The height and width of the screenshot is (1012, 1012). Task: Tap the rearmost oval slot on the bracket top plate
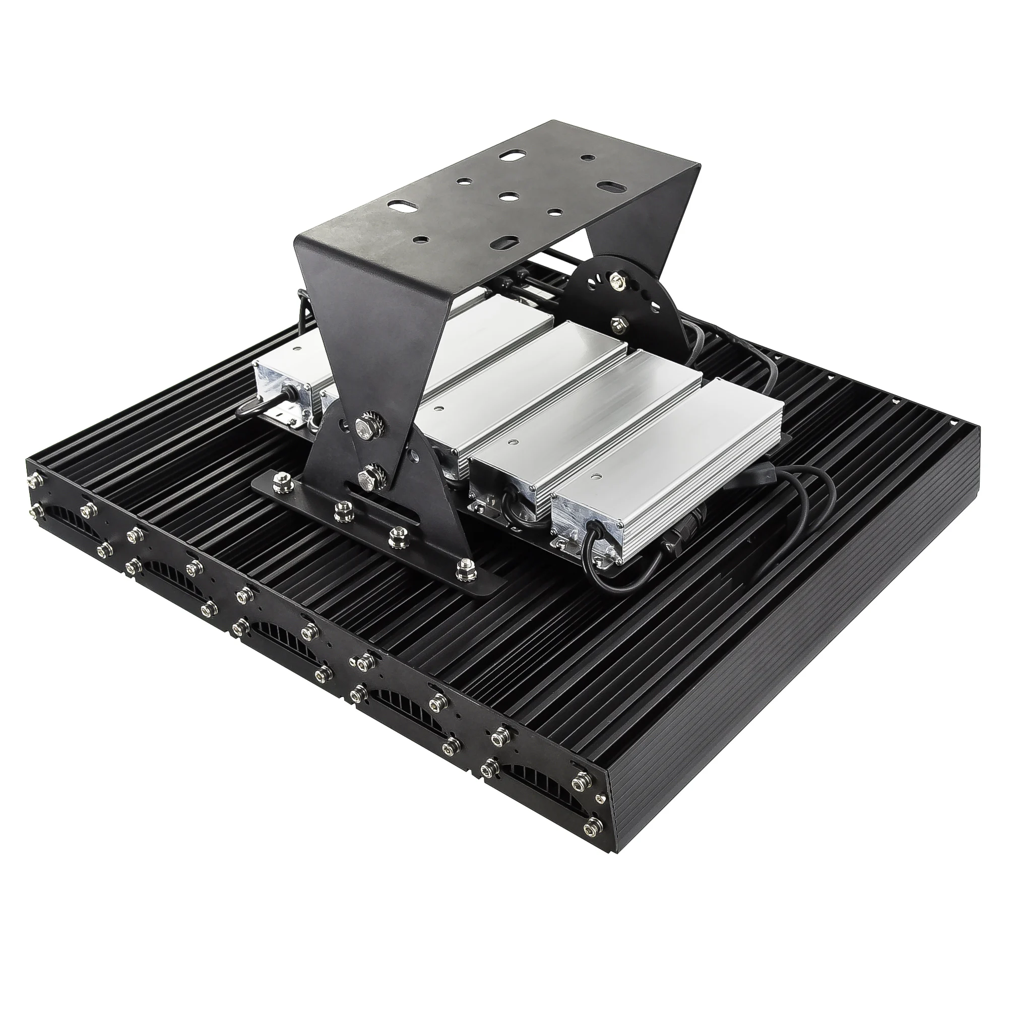pyautogui.click(x=509, y=157)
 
